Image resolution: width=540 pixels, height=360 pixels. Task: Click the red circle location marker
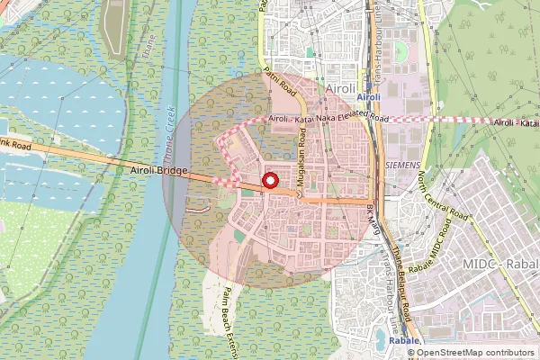tap(268, 181)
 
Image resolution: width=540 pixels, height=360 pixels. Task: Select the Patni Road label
tap(279, 83)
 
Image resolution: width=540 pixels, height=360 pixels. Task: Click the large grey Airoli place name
tap(341, 88)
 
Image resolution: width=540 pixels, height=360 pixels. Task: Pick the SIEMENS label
tap(401, 166)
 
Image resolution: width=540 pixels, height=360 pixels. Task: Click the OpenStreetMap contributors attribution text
tap(475, 353)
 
